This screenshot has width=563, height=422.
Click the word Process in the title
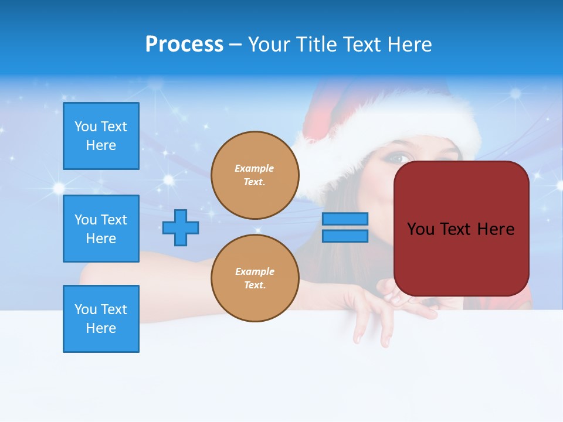[184, 45]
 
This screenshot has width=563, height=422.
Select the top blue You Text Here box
[101, 136]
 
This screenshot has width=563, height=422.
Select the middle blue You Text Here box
[101, 229]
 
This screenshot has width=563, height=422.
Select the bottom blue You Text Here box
[101, 319]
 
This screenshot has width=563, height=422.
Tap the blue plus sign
[181, 227]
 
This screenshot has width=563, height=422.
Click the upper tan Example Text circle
[255, 175]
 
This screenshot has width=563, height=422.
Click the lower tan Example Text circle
[255, 278]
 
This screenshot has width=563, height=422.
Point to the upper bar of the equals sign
[345, 219]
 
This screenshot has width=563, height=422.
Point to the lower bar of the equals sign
[345, 236]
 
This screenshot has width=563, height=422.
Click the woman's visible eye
[399, 158]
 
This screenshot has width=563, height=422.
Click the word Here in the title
[409, 45]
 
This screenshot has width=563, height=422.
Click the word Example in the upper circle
[255, 168]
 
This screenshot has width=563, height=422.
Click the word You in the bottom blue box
[86, 309]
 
